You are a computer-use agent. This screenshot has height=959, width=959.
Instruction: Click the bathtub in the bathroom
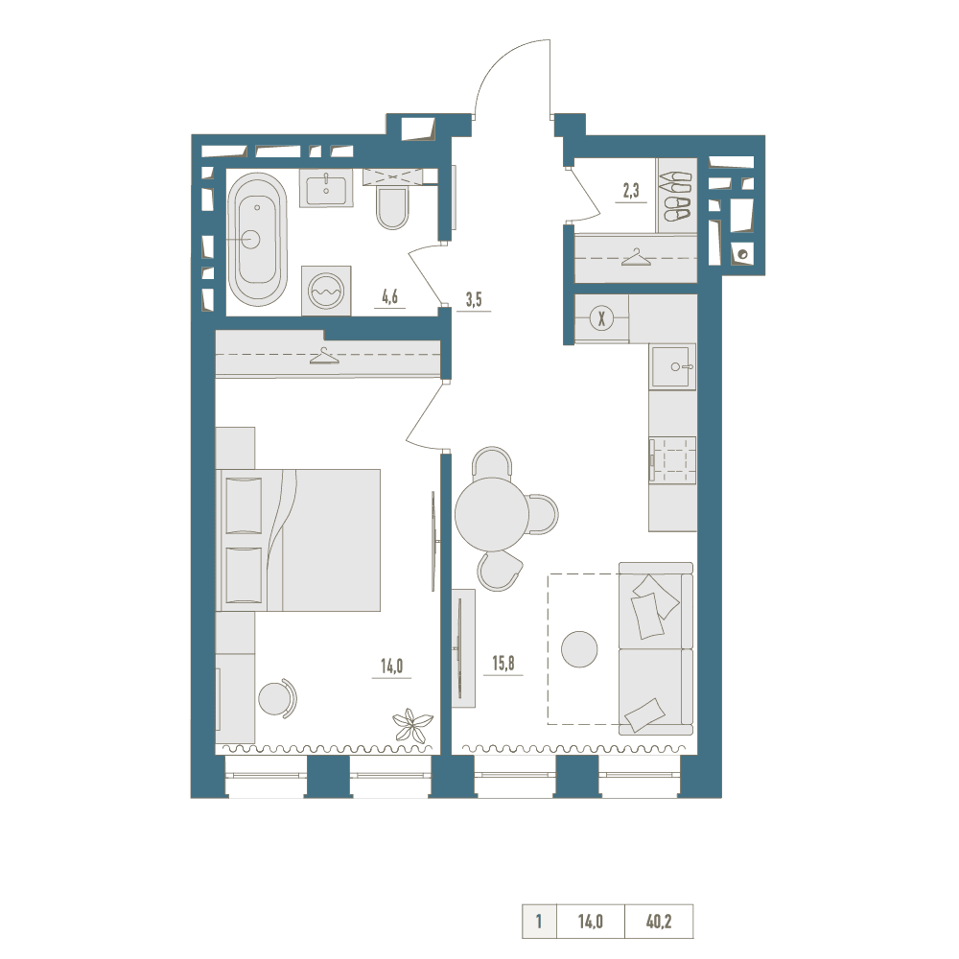(x=257, y=239)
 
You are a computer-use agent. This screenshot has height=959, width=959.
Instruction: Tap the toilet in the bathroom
(x=392, y=208)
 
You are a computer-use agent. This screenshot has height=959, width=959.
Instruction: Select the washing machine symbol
(x=326, y=291)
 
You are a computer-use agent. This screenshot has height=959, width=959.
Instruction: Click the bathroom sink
(x=326, y=188)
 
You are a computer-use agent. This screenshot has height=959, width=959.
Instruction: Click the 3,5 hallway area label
(x=474, y=299)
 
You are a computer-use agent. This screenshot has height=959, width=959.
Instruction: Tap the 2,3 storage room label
(x=631, y=191)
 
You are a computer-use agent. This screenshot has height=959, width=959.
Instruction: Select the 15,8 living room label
(x=503, y=663)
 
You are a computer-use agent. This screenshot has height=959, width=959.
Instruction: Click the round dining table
(x=492, y=514)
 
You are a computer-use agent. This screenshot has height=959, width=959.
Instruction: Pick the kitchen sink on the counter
(x=673, y=366)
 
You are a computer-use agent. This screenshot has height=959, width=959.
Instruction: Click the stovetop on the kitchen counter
(x=673, y=460)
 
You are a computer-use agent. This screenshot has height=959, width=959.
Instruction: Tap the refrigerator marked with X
(x=602, y=318)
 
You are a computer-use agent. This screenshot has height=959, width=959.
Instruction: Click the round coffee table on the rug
(x=579, y=649)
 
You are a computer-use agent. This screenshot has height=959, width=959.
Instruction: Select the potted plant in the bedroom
(x=412, y=724)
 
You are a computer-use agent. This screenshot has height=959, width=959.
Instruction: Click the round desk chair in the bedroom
(x=277, y=697)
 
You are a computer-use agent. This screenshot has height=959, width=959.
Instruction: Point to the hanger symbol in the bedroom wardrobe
(x=324, y=356)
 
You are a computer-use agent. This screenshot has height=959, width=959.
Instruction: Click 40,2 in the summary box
(x=659, y=921)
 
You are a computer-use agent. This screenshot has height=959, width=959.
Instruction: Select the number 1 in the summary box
(x=539, y=921)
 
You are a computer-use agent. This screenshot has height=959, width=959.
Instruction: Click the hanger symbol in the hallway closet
(x=636, y=257)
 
